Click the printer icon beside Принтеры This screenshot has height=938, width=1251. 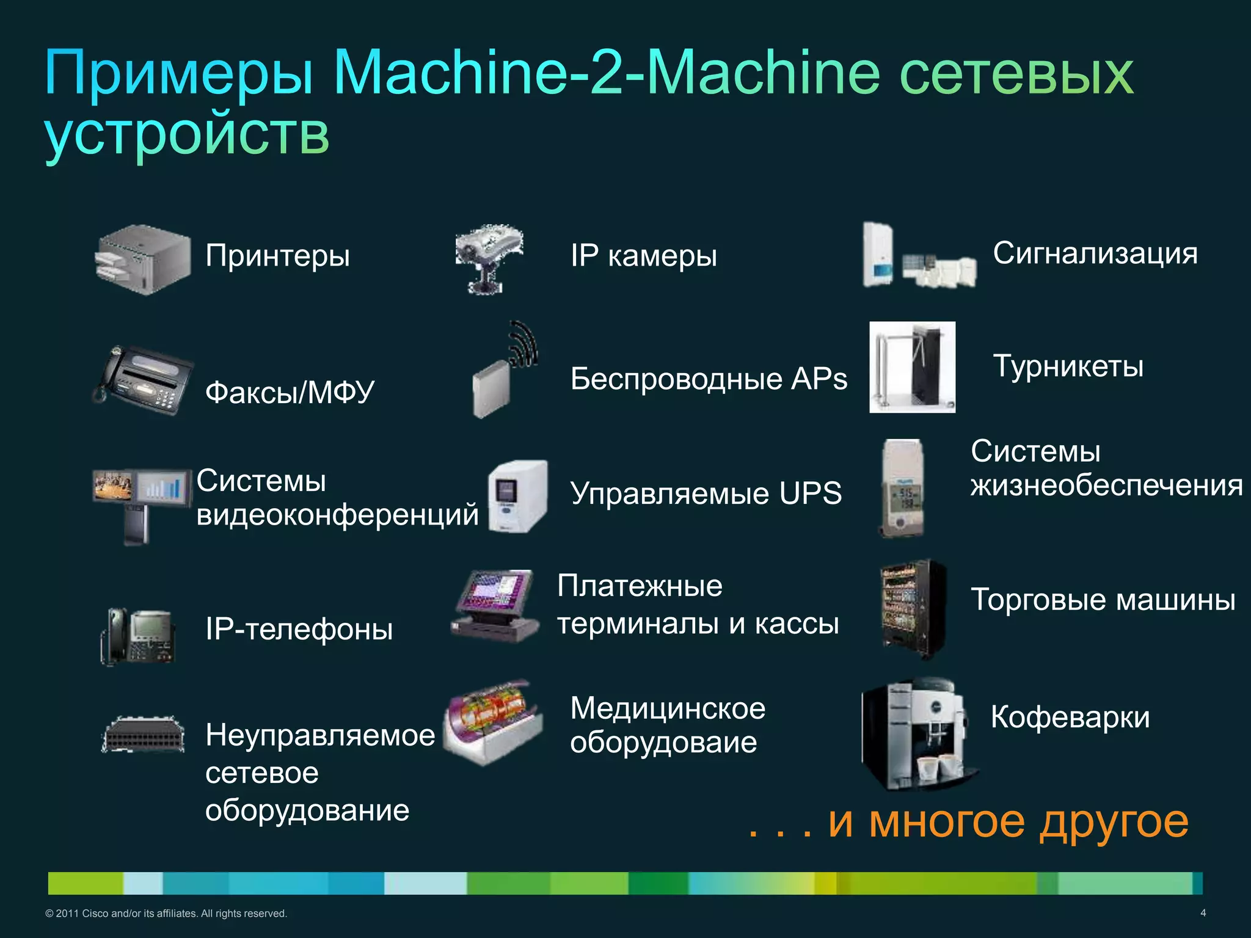(x=143, y=260)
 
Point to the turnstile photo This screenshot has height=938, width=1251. (x=912, y=367)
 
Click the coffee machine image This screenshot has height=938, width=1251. (x=916, y=733)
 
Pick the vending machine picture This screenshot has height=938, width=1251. (x=913, y=608)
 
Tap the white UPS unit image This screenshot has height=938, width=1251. (x=517, y=496)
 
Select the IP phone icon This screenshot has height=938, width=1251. (x=138, y=636)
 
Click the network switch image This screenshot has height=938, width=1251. (x=143, y=735)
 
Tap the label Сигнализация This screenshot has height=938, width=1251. (x=1095, y=253)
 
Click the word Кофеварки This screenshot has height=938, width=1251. (x=1070, y=716)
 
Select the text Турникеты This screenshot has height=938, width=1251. (x=1068, y=366)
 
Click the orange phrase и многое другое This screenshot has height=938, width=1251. (x=1008, y=821)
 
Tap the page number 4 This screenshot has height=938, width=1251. (x=1203, y=913)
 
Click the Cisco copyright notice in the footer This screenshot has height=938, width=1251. (x=166, y=914)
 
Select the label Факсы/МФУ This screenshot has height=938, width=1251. (x=290, y=392)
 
